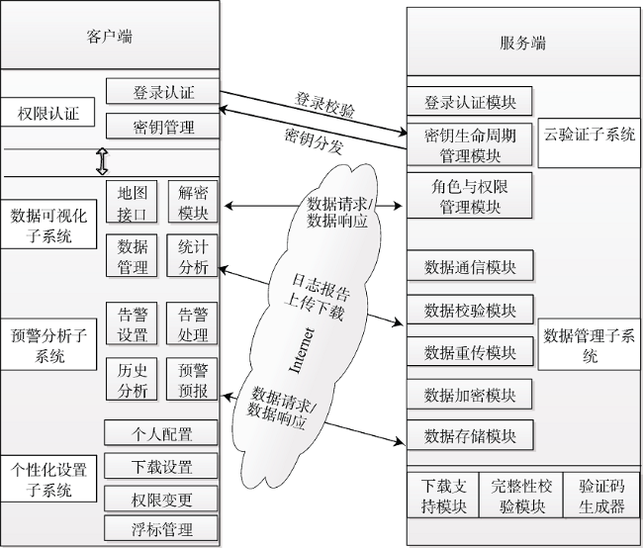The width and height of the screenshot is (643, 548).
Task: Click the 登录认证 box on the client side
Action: tap(162, 91)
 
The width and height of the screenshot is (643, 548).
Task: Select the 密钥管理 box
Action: tap(162, 127)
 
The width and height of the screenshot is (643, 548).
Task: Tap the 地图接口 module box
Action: tap(132, 202)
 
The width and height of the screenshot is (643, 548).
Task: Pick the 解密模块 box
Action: tap(193, 202)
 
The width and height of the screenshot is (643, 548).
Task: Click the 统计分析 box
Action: tap(192, 256)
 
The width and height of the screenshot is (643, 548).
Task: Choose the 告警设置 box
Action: tap(132, 323)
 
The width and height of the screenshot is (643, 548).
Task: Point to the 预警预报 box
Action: tap(192, 380)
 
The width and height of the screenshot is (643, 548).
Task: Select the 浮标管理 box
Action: tap(160, 528)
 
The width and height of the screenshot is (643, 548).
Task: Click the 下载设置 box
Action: tap(160, 466)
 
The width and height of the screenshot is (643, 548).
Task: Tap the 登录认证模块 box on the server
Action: tap(470, 101)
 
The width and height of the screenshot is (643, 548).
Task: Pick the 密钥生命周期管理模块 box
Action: tap(470, 144)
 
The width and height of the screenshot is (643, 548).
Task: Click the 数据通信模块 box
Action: tap(470, 266)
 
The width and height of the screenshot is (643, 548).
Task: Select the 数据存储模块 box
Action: tap(470, 435)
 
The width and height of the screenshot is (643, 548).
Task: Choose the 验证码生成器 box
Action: tap(601, 496)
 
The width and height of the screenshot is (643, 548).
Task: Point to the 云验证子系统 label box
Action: tap(589, 142)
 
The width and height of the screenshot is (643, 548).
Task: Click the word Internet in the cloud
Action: tap(302, 350)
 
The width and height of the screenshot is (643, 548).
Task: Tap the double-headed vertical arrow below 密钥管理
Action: tap(102, 161)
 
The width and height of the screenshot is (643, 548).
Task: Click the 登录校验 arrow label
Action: tap(324, 106)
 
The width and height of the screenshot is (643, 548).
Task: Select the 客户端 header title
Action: tap(110, 37)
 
